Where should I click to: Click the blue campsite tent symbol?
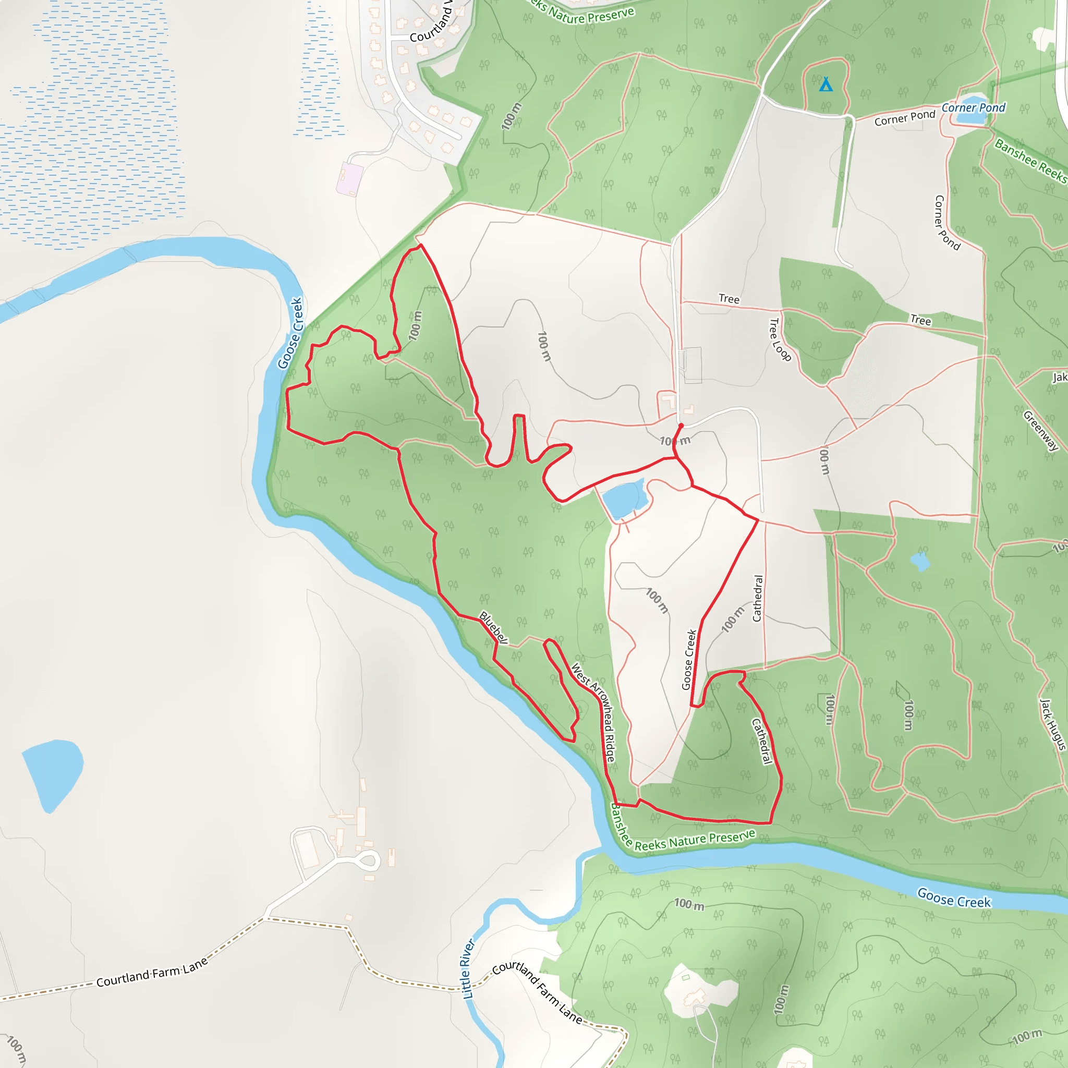(x=826, y=84)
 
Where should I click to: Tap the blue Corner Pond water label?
(x=974, y=108)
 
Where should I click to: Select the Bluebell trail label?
(x=493, y=627)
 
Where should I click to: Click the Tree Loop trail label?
(x=780, y=339)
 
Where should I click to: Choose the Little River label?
(x=468, y=968)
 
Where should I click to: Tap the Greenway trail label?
(x=1040, y=431)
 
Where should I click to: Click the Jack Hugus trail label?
(x=1052, y=724)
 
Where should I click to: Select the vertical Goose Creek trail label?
(x=688, y=660)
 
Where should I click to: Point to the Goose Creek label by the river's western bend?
(x=290, y=333)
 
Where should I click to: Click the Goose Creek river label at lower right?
(x=954, y=898)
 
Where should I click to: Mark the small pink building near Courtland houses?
(x=350, y=178)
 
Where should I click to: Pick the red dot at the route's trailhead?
(x=681, y=426)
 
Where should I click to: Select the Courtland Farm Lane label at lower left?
(x=152, y=973)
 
